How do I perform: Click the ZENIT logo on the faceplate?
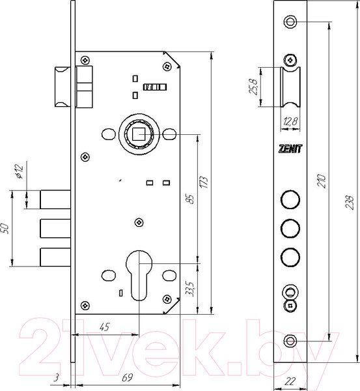click(x=290, y=149)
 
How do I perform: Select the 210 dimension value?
click(x=322, y=181)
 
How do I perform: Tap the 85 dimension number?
click(x=190, y=199)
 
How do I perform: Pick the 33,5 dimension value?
click(x=190, y=289)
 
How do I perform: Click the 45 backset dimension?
click(x=104, y=327)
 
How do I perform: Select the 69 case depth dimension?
click(x=127, y=378)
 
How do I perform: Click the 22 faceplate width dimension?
click(x=290, y=381)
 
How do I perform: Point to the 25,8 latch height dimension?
click(x=254, y=87)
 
